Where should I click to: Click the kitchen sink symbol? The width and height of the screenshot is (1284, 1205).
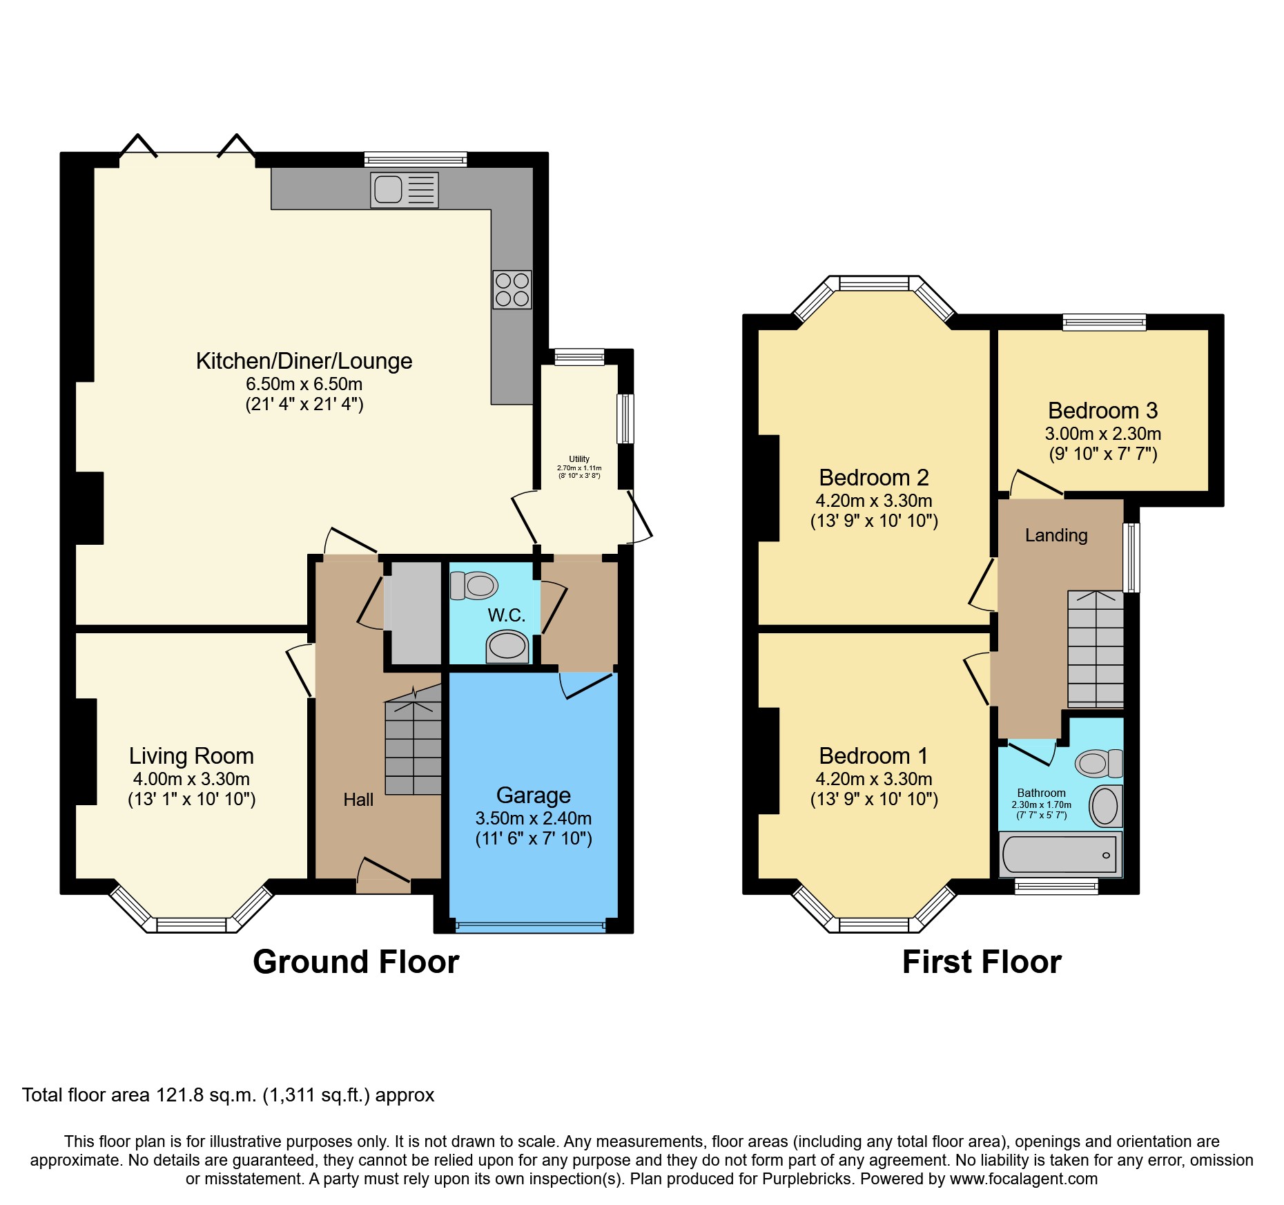405,190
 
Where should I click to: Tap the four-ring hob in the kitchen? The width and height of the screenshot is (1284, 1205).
512,289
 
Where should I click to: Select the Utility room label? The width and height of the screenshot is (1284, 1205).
579,459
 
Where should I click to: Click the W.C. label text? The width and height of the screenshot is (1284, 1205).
507,615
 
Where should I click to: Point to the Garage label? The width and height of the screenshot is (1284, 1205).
534,796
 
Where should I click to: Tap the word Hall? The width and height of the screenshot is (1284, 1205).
358,800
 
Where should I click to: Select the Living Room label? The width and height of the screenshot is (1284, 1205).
191,756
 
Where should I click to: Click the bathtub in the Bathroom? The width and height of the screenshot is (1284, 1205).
1060,854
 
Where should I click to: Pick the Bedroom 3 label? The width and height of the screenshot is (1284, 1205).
1102,411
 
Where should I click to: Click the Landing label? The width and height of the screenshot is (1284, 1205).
1056,535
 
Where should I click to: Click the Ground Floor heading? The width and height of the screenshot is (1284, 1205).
356,962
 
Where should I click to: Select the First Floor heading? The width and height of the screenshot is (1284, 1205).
982,962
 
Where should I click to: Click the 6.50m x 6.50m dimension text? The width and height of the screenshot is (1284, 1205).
304,384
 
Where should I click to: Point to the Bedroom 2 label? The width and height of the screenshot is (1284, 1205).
873,478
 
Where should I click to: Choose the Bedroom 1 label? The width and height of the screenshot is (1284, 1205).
873,756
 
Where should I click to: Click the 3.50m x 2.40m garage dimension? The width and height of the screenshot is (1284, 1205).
534,818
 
